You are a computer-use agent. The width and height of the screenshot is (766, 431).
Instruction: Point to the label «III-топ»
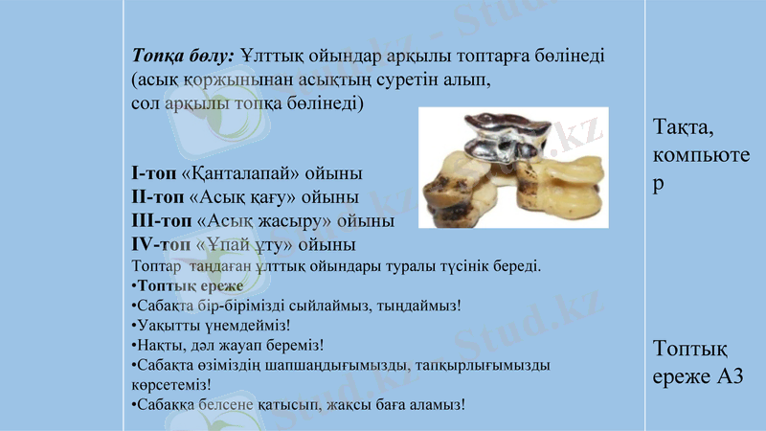point(160,220)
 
